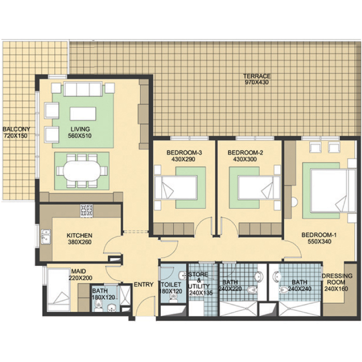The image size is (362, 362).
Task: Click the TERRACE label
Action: point(257,76)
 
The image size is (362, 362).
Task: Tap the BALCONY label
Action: point(16,129)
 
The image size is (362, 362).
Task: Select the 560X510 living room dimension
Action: point(80,135)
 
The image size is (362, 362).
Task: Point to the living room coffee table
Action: point(83,114)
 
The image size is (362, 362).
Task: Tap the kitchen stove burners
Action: point(86,210)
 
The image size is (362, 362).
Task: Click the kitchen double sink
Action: point(46,236)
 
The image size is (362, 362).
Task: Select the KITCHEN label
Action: point(80,235)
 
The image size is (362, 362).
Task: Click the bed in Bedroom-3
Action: point(176,187)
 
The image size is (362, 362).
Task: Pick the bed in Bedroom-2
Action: point(259,187)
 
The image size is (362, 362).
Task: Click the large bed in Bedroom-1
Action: point(333,190)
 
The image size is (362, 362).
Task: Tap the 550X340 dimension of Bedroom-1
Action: point(319,242)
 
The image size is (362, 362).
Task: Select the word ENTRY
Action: point(144,284)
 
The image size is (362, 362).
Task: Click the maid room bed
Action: point(58,289)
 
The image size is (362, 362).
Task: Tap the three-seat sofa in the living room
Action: point(83,89)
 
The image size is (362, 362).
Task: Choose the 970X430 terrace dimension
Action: point(257,82)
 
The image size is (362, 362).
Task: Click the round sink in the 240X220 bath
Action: point(259,276)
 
